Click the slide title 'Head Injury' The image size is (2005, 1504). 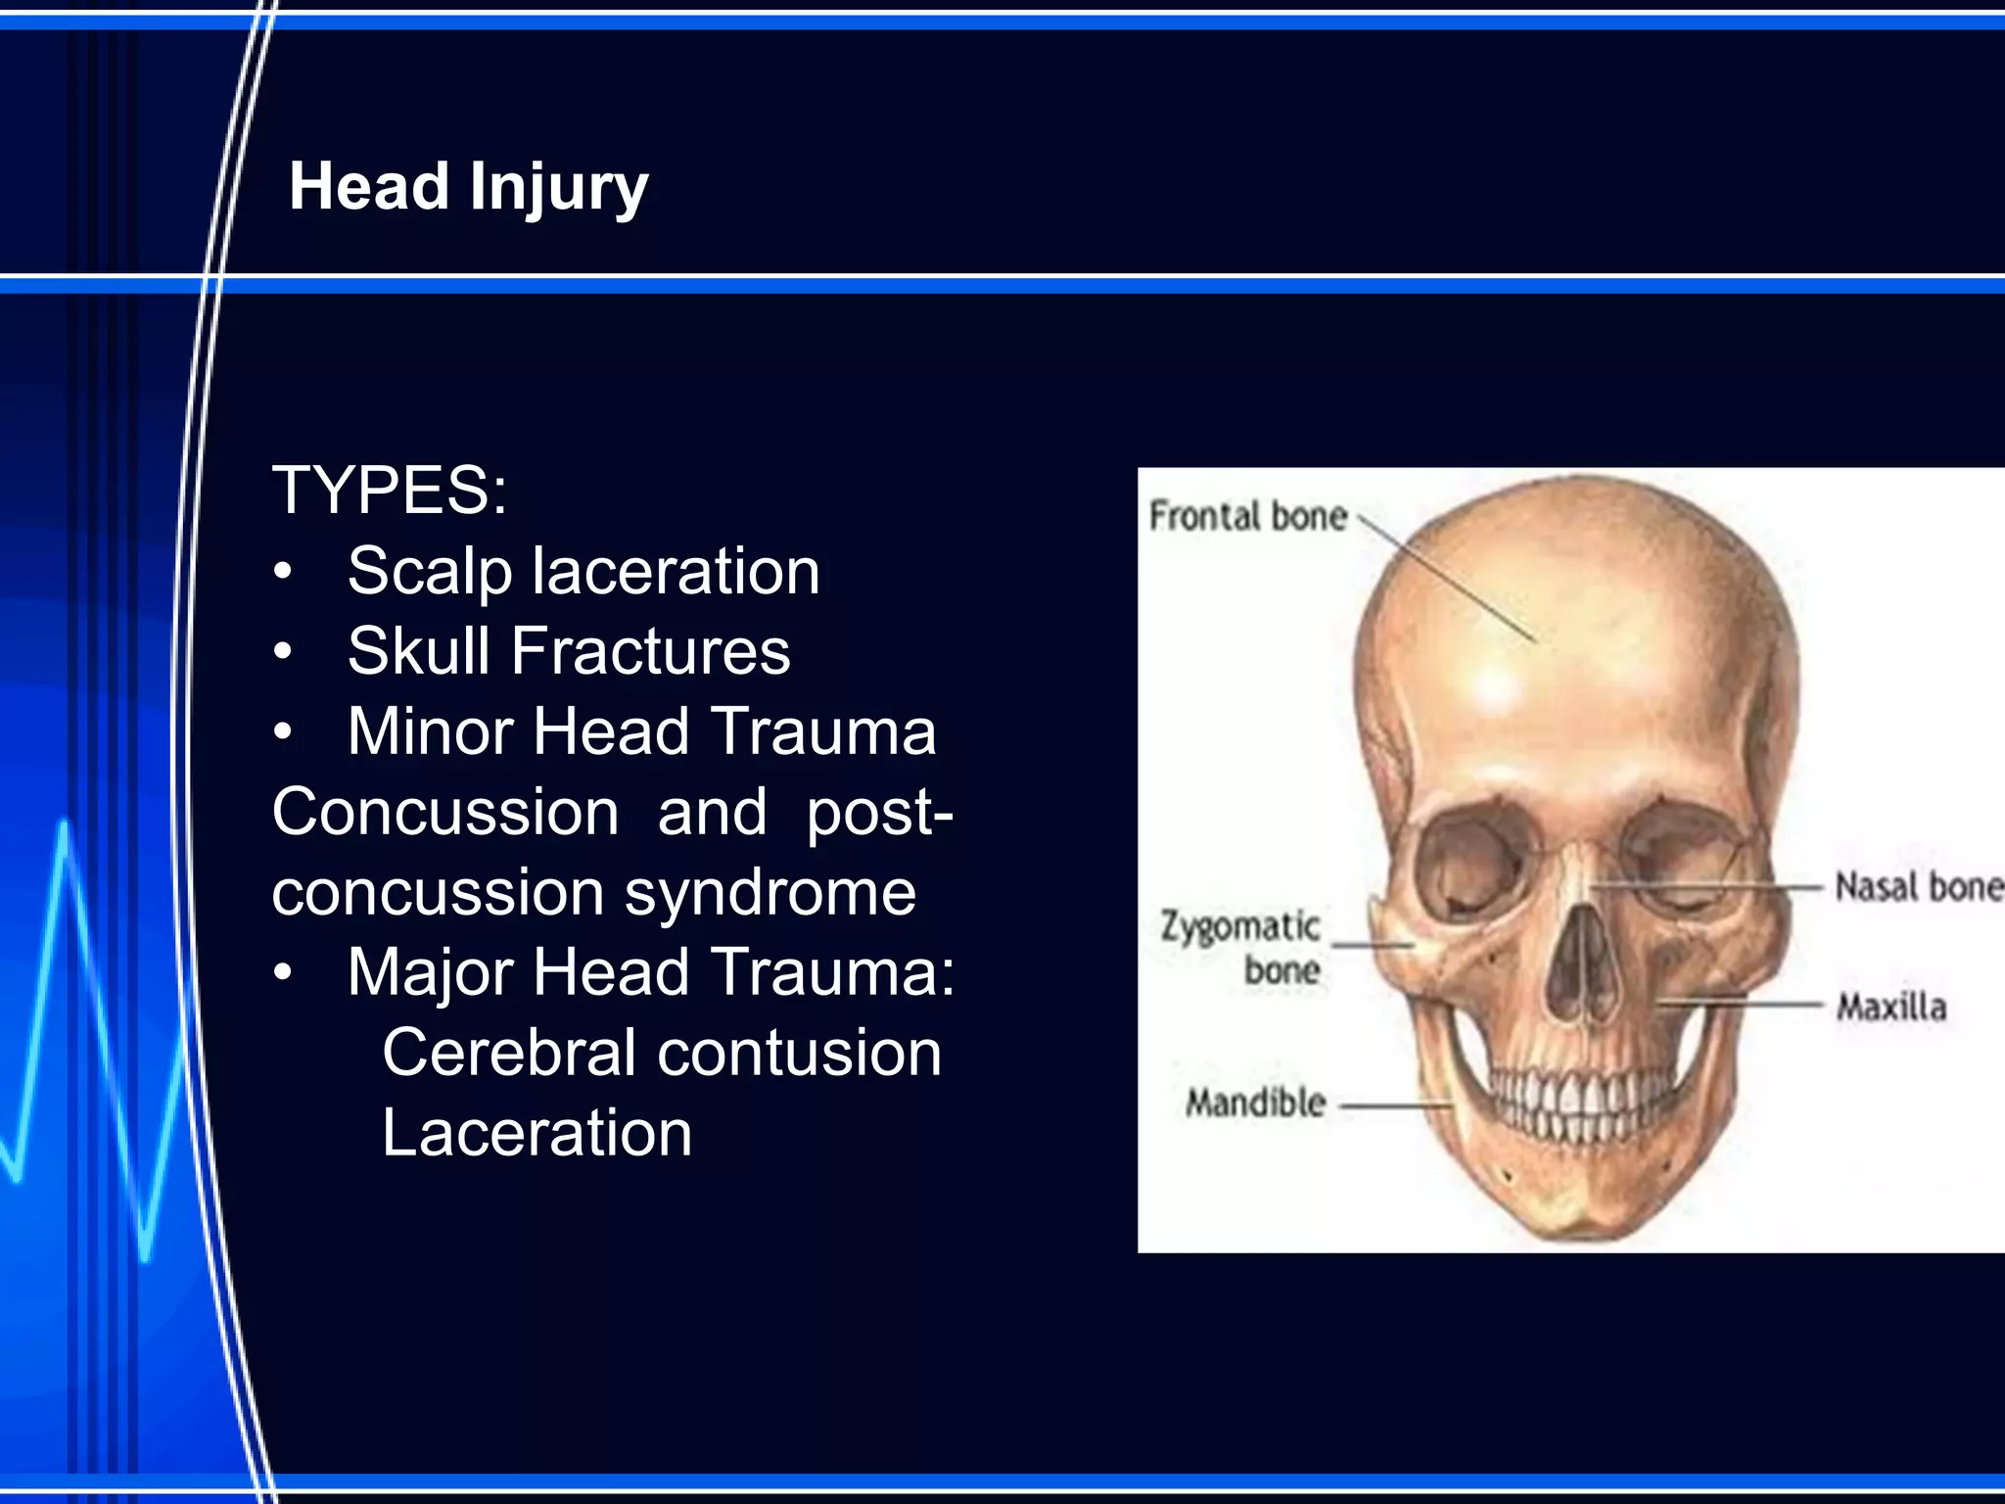[x=468, y=186]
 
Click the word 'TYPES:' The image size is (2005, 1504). [x=390, y=490]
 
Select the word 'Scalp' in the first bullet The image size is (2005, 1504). [x=430, y=571]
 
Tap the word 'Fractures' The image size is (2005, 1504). [x=650, y=651]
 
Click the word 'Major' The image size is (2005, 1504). [x=431, y=972]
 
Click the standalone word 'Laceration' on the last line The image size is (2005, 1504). [x=536, y=1133]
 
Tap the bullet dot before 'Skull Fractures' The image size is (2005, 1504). [x=283, y=651]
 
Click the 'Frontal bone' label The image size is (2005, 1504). [x=1248, y=516]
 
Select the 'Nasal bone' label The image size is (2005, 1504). [x=1917, y=887]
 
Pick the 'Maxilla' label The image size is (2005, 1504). [x=1891, y=1007]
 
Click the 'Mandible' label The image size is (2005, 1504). [x=1256, y=1104]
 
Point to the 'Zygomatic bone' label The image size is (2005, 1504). [x=1241, y=947]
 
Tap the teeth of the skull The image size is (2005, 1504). [x=1576, y=1102]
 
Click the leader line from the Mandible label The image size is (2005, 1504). [x=1394, y=1106]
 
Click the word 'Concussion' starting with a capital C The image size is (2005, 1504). [x=445, y=812]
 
